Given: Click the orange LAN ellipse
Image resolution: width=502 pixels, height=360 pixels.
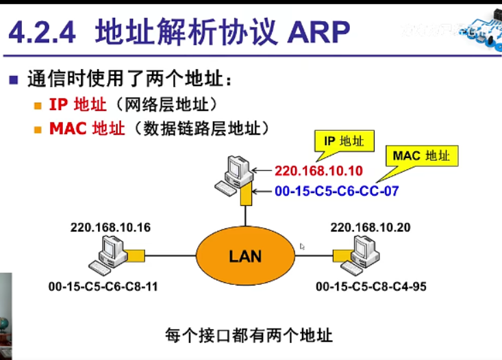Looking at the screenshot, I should [245, 257].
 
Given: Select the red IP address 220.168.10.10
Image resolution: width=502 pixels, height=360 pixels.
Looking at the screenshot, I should [318, 170].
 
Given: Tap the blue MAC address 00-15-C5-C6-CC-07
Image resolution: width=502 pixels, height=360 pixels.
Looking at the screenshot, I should [336, 192].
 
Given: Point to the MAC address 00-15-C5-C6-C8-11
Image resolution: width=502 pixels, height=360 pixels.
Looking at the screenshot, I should [103, 287].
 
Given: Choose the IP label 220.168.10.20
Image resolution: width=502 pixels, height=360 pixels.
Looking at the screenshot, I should [371, 227].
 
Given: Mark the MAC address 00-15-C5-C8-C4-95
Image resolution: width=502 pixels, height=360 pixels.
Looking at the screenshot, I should [371, 287].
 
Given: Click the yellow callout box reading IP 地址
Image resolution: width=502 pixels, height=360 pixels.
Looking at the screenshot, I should [344, 142].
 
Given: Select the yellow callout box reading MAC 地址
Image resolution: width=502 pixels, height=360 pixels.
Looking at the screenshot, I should [421, 156].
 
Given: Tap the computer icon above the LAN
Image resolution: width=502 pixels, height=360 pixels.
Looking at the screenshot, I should [234, 174].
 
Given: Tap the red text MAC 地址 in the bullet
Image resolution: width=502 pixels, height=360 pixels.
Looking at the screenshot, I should [87, 128].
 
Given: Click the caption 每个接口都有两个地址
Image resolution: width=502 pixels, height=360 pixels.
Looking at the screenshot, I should [249, 335].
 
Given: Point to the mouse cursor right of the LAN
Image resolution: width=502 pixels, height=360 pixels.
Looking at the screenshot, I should [302, 246].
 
